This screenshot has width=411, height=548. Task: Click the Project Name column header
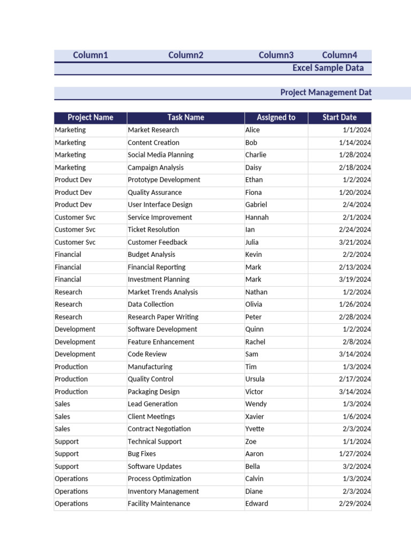[x=90, y=118]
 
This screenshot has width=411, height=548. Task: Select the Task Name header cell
[x=186, y=118]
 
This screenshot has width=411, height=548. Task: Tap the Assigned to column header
[x=276, y=118]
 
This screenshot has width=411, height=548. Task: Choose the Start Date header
[x=339, y=118]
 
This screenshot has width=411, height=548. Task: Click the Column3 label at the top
[x=276, y=55]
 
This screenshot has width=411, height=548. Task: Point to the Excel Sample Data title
[x=328, y=68]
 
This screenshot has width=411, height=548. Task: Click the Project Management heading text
[x=325, y=93]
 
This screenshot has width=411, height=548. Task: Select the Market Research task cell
[x=153, y=130]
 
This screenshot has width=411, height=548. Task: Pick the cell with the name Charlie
[x=256, y=155]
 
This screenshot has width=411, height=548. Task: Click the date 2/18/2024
[x=355, y=168]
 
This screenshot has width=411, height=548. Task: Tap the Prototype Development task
[x=164, y=180]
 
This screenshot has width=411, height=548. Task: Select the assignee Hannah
[x=257, y=217]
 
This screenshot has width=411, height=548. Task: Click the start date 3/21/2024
[x=355, y=242]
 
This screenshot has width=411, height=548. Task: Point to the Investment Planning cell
[x=158, y=279]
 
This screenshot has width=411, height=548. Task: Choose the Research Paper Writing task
[x=163, y=317]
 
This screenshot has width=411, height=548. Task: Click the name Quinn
[x=254, y=329]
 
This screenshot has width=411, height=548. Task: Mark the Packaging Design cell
[x=154, y=392]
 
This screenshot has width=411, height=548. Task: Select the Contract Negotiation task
[x=159, y=429]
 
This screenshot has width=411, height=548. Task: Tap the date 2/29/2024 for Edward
[x=355, y=504]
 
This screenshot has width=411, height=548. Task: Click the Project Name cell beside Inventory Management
[x=71, y=491]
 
